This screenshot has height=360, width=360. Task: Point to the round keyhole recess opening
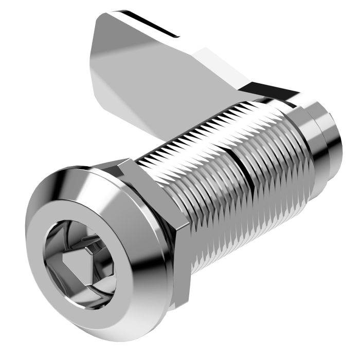coord(77,257)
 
